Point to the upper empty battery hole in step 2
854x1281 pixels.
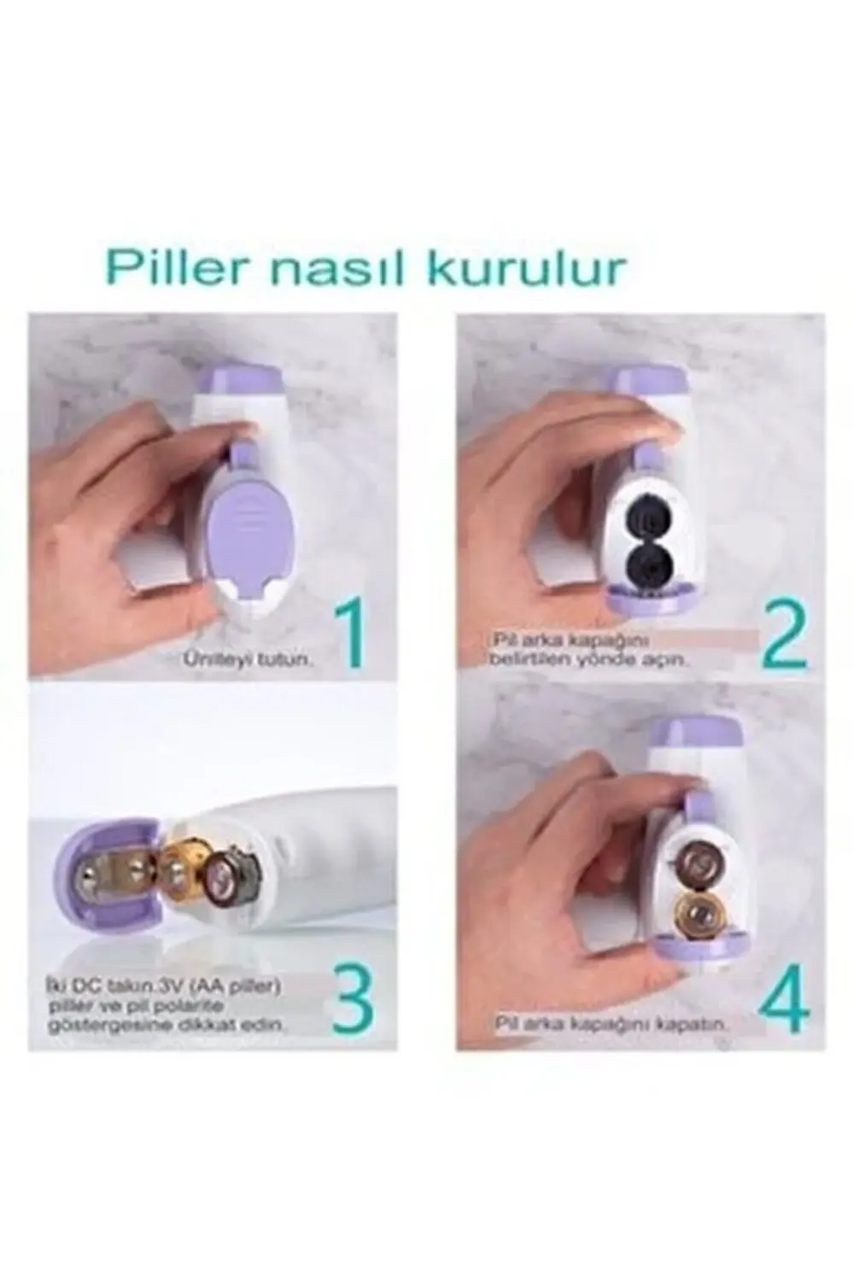(x=647, y=518)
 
